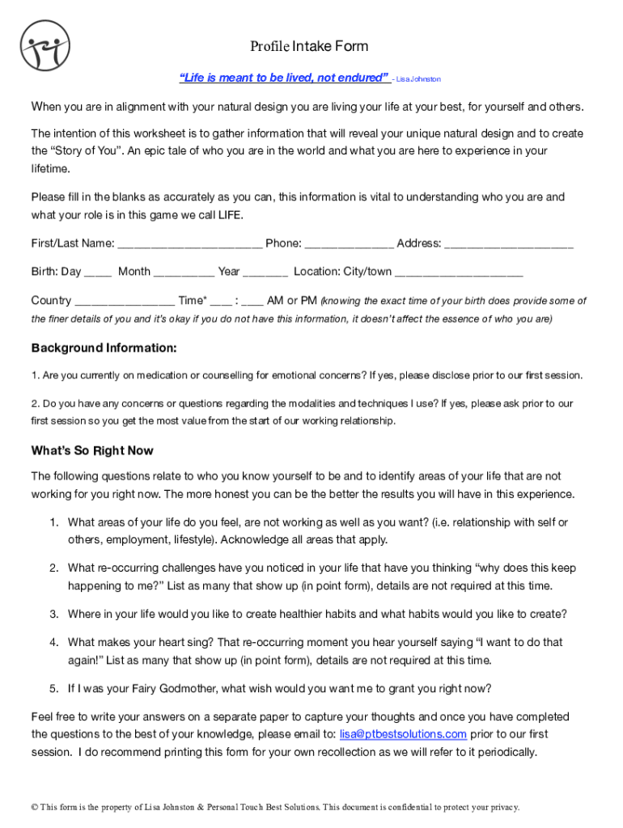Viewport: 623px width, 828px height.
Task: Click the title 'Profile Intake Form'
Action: (309, 47)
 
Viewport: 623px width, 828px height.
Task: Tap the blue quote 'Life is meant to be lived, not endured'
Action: (284, 78)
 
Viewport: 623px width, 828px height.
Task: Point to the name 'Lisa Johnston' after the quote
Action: (418, 79)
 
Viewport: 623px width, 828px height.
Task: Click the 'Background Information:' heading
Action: (104, 349)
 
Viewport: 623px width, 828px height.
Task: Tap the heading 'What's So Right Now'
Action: (92, 450)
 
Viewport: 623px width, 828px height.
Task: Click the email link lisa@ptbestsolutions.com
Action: (403, 734)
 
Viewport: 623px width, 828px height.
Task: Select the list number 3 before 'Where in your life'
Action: (53, 615)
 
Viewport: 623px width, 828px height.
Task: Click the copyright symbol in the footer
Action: (34, 807)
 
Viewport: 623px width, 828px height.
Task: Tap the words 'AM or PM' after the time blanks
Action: (291, 301)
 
